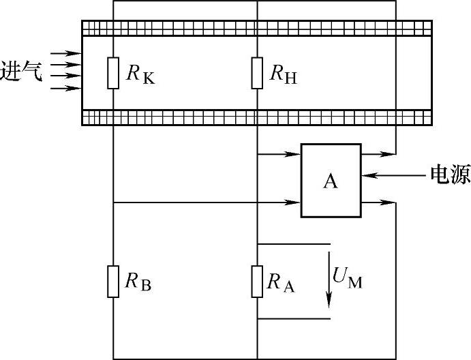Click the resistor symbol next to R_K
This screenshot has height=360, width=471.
[x=113, y=74]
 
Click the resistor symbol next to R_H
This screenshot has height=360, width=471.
[x=257, y=74]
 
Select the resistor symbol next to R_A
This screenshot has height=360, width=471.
[x=257, y=282]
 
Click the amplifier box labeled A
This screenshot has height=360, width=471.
[x=331, y=181]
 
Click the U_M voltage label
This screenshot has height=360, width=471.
[x=348, y=277]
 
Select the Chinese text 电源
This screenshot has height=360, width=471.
[x=449, y=176]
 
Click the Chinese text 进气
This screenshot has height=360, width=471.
[x=22, y=71]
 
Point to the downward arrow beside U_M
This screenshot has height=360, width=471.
[x=330, y=280]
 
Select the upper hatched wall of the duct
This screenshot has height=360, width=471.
[x=256, y=28]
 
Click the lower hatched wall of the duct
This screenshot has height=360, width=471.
[x=256, y=117]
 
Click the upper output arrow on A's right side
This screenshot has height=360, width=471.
[x=378, y=154]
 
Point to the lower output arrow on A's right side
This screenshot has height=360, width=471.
[x=378, y=202]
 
